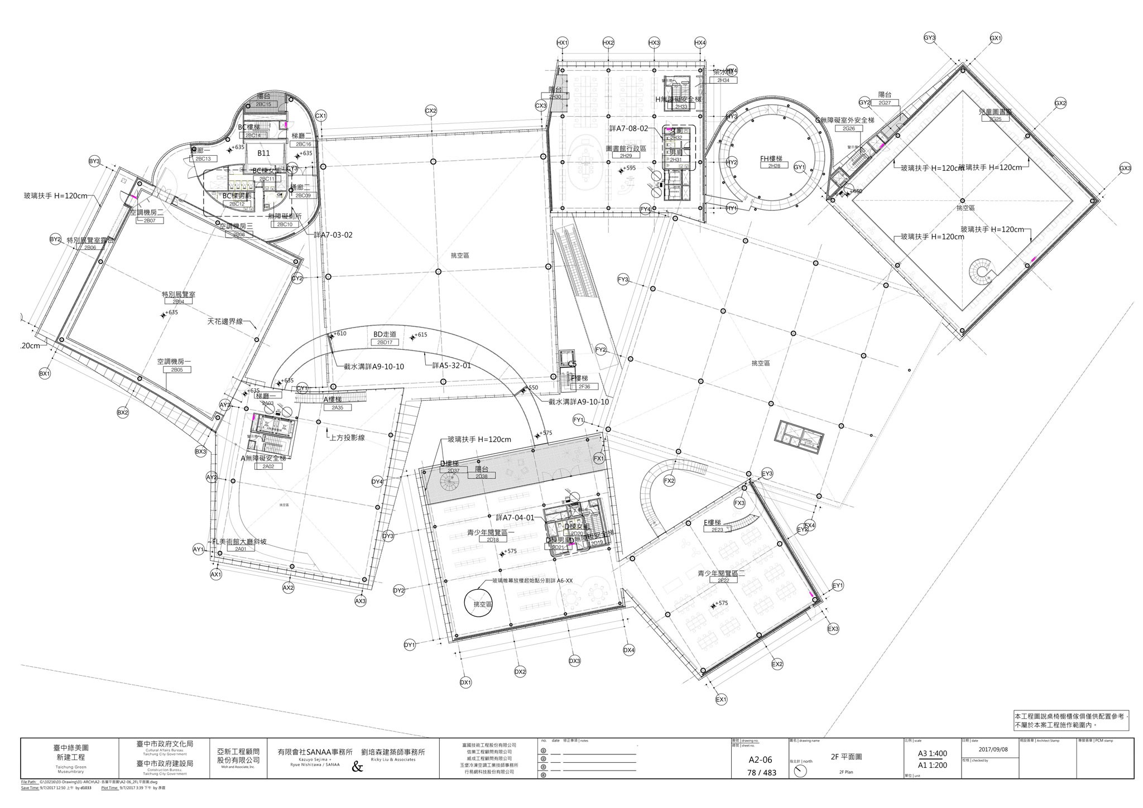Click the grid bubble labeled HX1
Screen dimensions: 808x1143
click(x=562, y=43)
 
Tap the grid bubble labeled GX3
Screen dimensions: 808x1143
click(x=1125, y=169)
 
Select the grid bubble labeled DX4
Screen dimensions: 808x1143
click(x=629, y=650)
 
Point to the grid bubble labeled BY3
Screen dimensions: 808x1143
click(x=94, y=161)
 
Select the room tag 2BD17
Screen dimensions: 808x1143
click(x=385, y=342)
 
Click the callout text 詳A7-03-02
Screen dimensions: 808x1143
click(x=333, y=235)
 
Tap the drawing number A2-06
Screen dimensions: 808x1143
click(x=760, y=759)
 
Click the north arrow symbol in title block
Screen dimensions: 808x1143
click(x=801, y=770)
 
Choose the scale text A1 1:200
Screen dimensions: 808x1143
click(x=933, y=765)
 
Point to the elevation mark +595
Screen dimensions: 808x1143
click(x=628, y=168)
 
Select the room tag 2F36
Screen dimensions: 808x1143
click(x=584, y=387)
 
